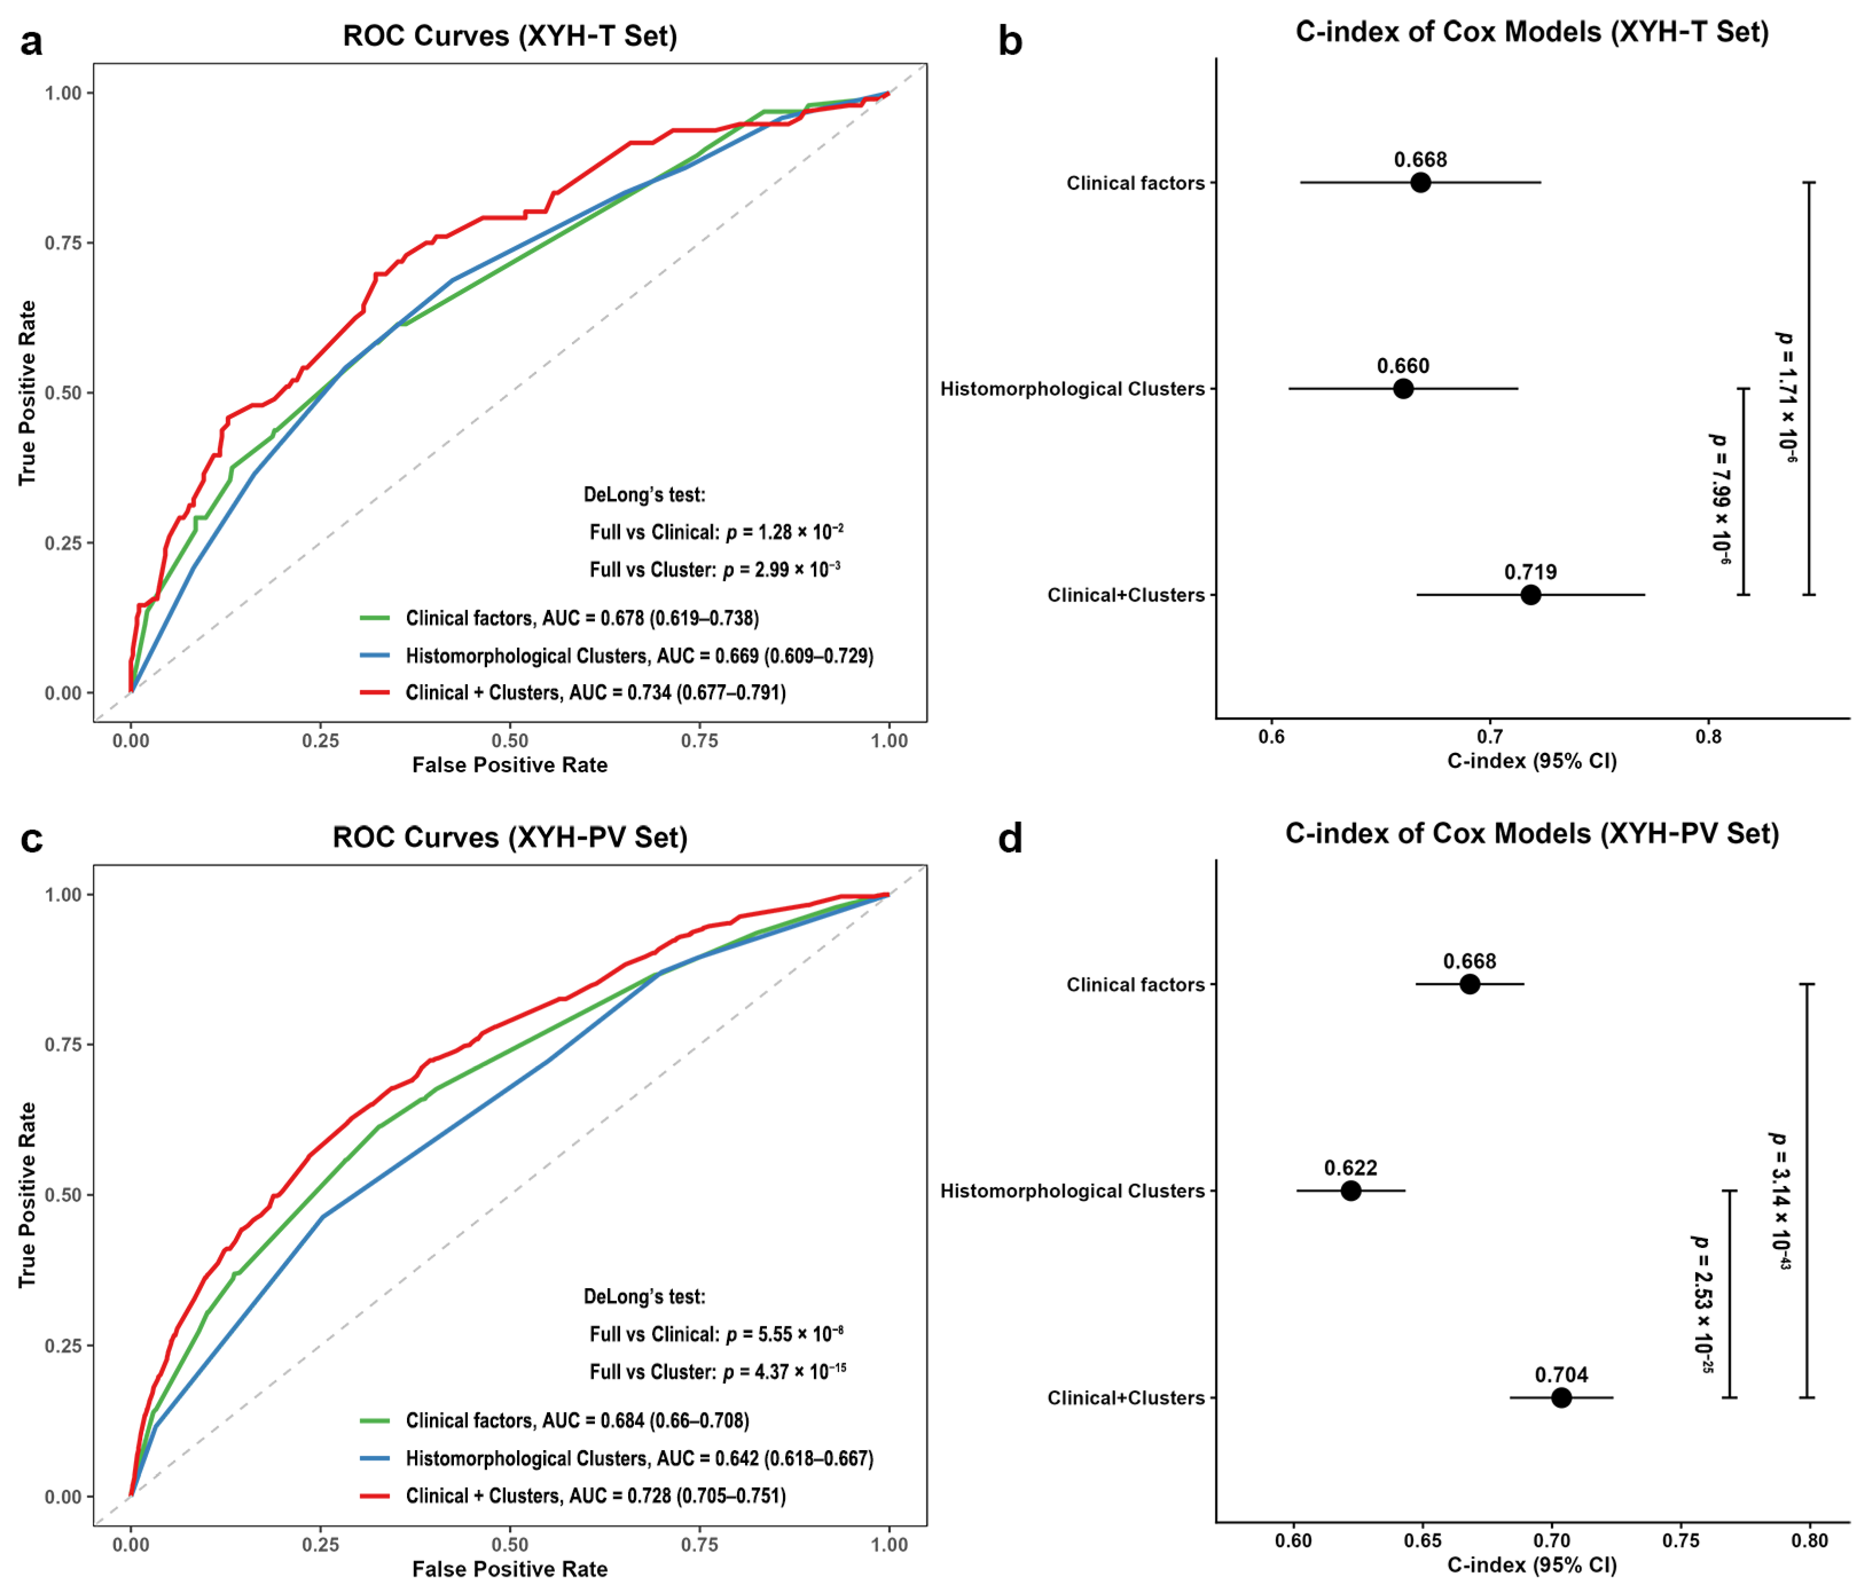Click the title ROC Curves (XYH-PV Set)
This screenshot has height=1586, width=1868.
(x=510, y=837)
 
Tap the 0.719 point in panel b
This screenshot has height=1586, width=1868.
(x=1530, y=594)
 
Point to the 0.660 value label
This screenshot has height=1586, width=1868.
(x=1403, y=366)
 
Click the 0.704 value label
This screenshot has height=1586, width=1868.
(x=1561, y=1375)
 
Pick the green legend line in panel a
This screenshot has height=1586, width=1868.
(x=375, y=618)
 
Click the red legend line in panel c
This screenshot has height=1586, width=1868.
(x=375, y=1495)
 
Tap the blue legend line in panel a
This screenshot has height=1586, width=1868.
(x=375, y=655)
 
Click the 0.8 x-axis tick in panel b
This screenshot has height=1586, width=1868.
(x=1708, y=737)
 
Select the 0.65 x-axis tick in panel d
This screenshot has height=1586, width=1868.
(x=1423, y=1540)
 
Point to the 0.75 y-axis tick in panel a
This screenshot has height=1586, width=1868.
(x=64, y=243)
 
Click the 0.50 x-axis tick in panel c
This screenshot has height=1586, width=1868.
(x=510, y=1545)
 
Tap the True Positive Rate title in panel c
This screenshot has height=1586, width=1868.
(x=27, y=1194)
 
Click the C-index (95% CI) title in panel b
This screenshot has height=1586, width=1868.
(x=1532, y=761)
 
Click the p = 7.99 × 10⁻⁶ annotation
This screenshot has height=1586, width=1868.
(x=1720, y=499)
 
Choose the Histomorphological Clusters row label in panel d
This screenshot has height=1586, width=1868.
(x=1072, y=1191)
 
